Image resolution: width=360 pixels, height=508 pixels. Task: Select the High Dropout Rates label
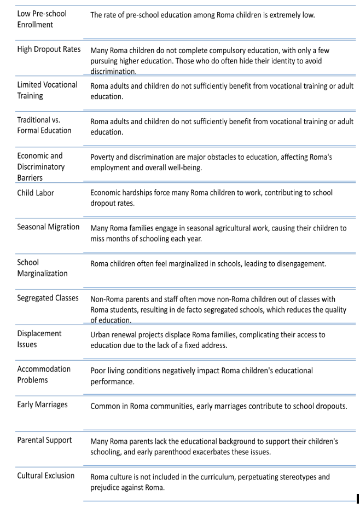pos(49,49)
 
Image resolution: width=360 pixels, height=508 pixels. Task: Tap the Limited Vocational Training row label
pos(47,90)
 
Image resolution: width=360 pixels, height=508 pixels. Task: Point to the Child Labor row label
pos(36,193)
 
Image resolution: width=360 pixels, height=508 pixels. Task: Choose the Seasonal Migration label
pos(48,227)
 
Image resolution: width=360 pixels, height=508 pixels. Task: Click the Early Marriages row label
pos(43,405)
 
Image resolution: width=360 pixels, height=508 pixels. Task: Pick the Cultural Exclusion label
pos(46,476)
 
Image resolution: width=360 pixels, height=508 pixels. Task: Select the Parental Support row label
pos(44,440)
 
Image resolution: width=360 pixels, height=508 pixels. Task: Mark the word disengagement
pos(298,264)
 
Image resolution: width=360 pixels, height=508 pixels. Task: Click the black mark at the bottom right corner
pos(357,498)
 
